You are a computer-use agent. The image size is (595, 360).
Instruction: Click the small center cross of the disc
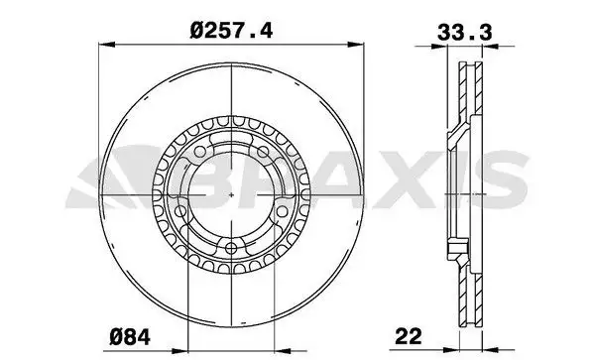[230, 194]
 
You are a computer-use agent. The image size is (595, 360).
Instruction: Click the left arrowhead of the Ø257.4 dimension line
[108, 44]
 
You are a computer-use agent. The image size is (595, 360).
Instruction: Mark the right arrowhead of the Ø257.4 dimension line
[353, 44]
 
